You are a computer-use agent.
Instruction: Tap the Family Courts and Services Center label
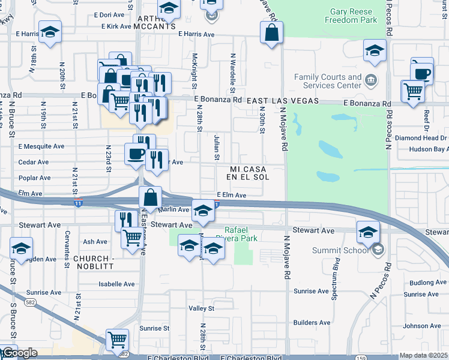tap(328, 82)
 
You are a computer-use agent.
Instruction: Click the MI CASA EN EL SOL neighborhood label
tap(247, 173)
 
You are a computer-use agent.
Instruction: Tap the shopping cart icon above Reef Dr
tap(413, 92)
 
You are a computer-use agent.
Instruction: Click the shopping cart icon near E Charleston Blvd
tap(117, 340)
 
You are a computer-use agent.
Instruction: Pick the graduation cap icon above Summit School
tap(368, 232)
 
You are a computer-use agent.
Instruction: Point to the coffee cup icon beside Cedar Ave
tap(136, 154)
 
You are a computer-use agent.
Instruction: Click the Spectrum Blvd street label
tap(337, 271)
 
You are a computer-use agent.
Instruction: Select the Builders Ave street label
tap(313, 323)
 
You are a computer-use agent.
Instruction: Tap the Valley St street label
tap(202, 308)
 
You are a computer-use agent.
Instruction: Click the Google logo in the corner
tap(19, 353)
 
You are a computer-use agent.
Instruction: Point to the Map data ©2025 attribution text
tap(423, 355)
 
